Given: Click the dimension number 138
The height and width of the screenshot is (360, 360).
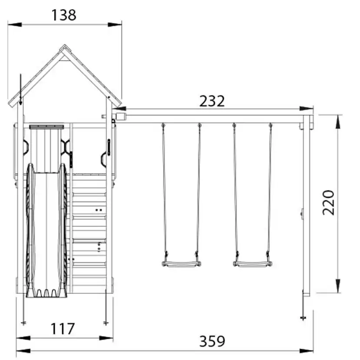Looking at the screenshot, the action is pyautogui.click(x=63, y=15).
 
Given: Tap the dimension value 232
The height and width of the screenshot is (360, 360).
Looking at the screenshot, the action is pyautogui.click(x=212, y=101).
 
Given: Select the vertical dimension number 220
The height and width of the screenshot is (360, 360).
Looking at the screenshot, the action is pyautogui.click(x=328, y=203).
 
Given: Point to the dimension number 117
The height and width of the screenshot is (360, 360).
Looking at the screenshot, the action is pyautogui.click(x=63, y=329).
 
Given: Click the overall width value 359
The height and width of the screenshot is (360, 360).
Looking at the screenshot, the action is pyautogui.click(x=212, y=341).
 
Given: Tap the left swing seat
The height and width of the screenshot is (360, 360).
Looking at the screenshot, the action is pyautogui.click(x=181, y=264).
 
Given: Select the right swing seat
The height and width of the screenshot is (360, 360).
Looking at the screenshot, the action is pyautogui.click(x=253, y=264).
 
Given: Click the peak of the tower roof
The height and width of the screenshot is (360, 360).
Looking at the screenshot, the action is pyautogui.click(x=64, y=45).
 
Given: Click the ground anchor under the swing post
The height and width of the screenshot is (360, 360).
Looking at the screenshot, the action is pyautogui.click(x=303, y=318).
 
